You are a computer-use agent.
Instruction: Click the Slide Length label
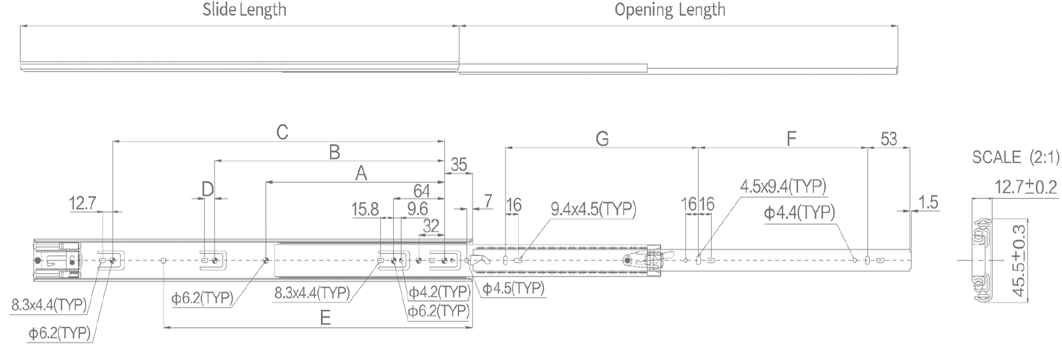(244, 10)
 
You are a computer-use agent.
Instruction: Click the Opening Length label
(670, 10)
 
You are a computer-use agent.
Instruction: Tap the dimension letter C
(282, 133)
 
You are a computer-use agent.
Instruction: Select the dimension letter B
(334, 153)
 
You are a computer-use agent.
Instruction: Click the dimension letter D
(207, 189)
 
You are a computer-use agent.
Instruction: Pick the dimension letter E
(325, 318)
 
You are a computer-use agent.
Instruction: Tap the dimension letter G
(602, 139)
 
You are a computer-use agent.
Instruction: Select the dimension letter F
(791, 139)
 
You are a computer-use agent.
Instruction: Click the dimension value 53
(888, 139)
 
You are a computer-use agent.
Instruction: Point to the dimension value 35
(459, 165)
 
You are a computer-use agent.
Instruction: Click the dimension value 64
(421, 191)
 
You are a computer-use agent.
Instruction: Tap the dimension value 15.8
(365, 209)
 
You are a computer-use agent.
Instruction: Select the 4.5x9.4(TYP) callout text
(783, 186)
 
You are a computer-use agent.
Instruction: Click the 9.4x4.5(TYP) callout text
(593, 209)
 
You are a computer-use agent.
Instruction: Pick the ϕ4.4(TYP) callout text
(799, 212)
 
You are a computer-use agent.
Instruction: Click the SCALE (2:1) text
(1016, 157)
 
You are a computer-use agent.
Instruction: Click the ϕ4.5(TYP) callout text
(513, 288)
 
